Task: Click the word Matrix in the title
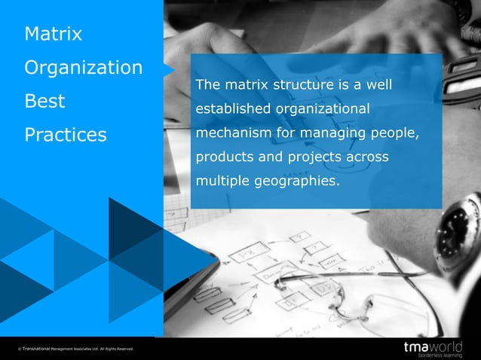click(x=53, y=35)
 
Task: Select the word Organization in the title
click(x=83, y=68)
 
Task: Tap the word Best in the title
click(x=44, y=102)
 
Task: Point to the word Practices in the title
click(x=66, y=136)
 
